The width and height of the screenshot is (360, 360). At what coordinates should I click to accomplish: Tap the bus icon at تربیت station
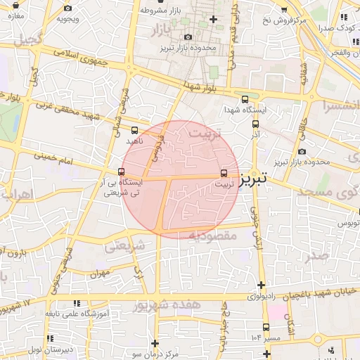(224, 172)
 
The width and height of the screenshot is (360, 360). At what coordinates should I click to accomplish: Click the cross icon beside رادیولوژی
(262, 285)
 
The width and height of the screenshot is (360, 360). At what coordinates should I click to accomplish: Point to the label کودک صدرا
(335, 28)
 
